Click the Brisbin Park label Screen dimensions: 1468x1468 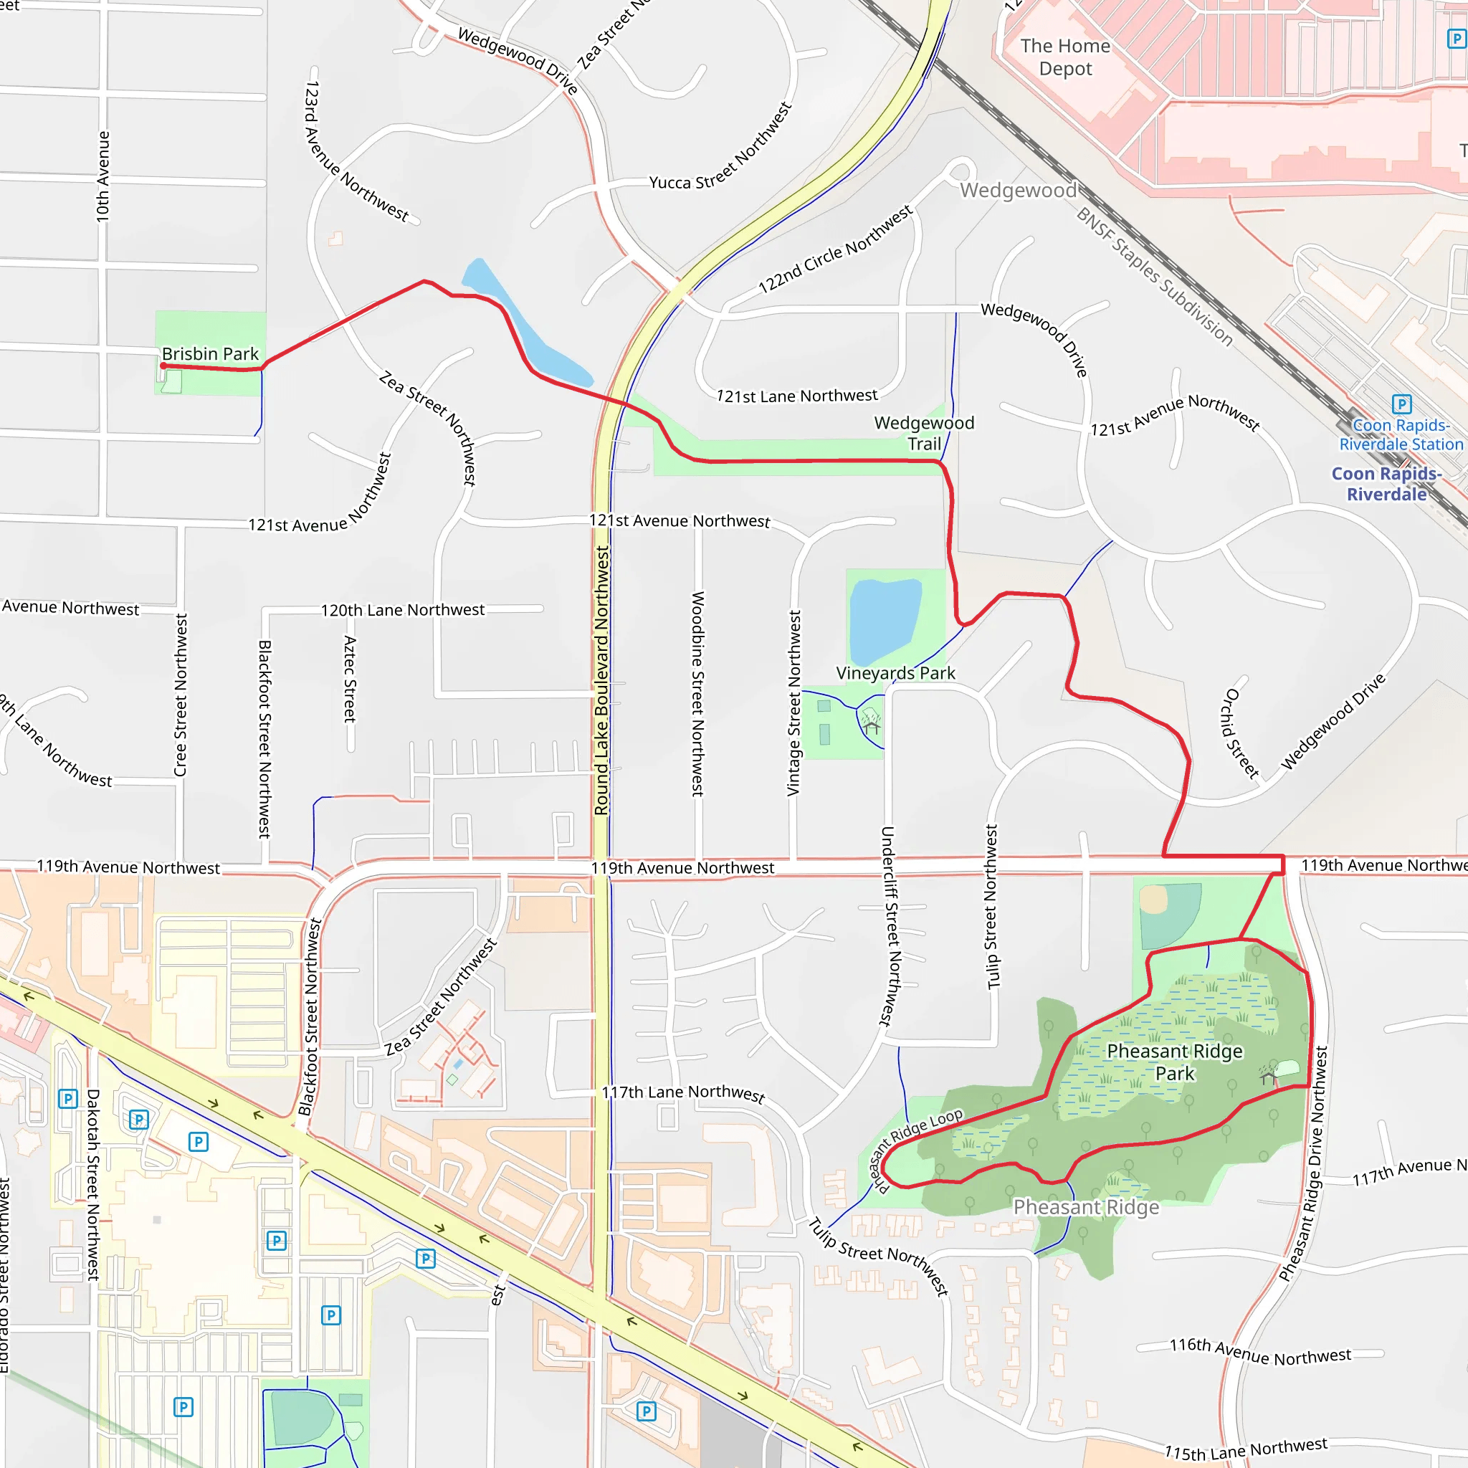point(211,354)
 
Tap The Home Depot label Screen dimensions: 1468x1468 point(1065,57)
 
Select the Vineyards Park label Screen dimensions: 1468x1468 point(895,673)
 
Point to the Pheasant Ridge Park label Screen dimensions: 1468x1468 point(1175,1062)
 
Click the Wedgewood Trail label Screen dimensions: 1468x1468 point(924,433)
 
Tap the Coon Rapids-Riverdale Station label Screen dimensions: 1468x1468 point(1401,434)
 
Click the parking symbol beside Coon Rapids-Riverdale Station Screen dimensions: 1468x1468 point(1402,404)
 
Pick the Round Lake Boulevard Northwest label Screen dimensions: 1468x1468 point(602,681)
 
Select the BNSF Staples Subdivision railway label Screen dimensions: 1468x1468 point(1154,277)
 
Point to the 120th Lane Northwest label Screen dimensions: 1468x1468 point(403,610)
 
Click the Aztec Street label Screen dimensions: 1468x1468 point(351,679)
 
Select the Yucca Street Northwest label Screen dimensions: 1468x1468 point(720,146)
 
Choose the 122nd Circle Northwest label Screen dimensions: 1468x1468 point(836,249)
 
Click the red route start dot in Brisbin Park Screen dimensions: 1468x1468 point(163,366)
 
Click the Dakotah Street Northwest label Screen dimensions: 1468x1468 point(93,1186)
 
